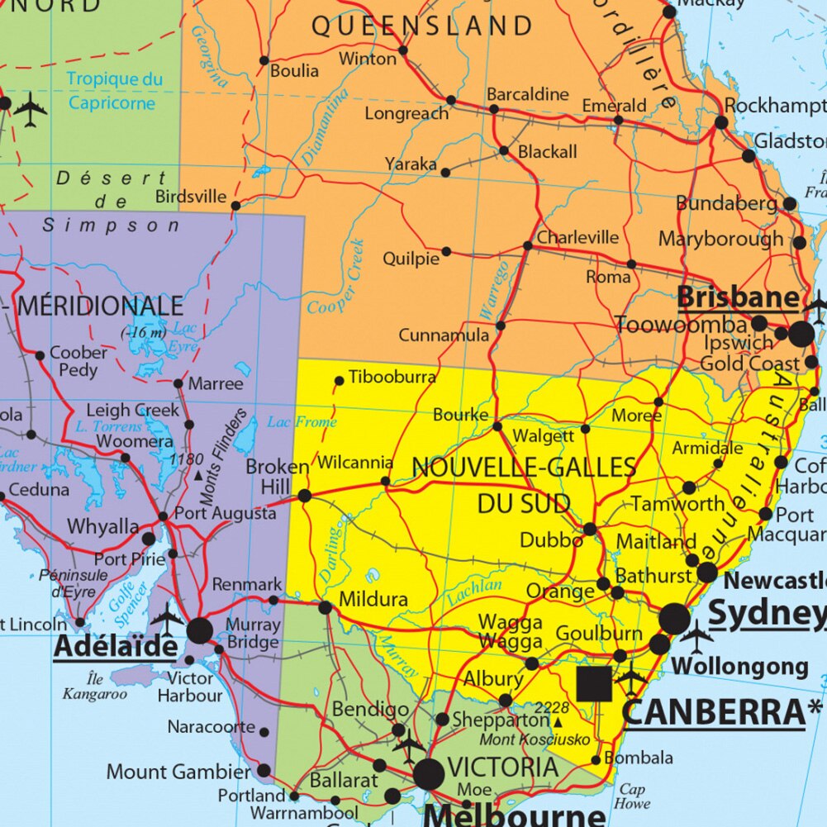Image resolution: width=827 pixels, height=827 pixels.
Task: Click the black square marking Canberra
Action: pyautogui.click(x=594, y=684)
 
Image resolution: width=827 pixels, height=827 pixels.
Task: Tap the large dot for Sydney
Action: pyautogui.click(x=674, y=618)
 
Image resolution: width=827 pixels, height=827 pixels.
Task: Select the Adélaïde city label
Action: pyautogui.click(x=116, y=647)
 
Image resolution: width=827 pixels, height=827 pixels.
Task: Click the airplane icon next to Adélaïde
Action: pyautogui.click(x=168, y=618)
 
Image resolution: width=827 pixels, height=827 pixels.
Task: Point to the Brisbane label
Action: pyautogui.click(x=738, y=298)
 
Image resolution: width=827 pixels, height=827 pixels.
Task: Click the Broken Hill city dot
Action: pyautogui.click(x=304, y=496)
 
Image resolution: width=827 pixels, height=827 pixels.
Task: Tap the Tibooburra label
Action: pyautogui.click(x=392, y=377)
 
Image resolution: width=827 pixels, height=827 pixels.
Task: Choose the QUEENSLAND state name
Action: pyautogui.click(x=421, y=26)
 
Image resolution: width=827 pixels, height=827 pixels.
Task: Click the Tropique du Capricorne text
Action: pyautogui.click(x=114, y=91)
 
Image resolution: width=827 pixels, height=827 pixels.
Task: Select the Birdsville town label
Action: pyautogui.click(x=191, y=197)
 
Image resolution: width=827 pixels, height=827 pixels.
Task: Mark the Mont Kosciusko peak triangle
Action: pyautogui.click(x=558, y=722)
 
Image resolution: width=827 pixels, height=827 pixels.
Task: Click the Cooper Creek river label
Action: pyautogui.click(x=337, y=277)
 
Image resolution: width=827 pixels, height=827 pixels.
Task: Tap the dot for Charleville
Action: pyautogui.click(x=528, y=246)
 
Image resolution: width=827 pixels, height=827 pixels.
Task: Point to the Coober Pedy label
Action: pyautogui.click(x=78, y=361)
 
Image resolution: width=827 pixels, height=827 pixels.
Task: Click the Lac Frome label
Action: pyautogui.click(x=302, y=422)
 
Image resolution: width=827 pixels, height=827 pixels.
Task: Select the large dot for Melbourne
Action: pyautogui.click(x=429, y=775)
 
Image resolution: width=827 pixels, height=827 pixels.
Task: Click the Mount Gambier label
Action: pyautogui.click(x=178, y=772)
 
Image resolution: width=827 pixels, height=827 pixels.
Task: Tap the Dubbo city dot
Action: pyautogui.click(x=589, y=529)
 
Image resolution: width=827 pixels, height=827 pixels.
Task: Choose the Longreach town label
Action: pyautogui.click(x=406, y=113)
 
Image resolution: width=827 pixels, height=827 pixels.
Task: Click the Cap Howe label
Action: pyautogui.click(x=632, y=796)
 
